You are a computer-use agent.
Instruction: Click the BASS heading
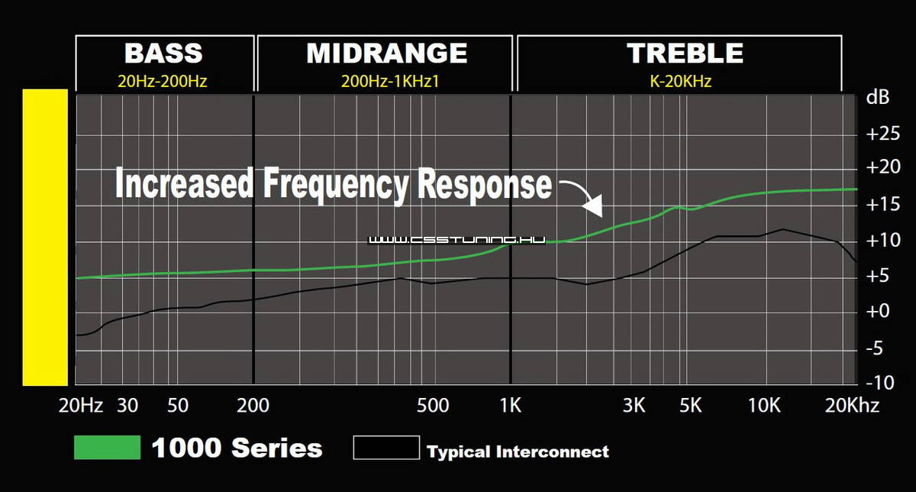tap(163, 53)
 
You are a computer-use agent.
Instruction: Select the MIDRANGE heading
tap(387, 53)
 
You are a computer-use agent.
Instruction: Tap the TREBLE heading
tap(685, 53)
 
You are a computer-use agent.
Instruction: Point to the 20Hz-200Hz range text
tap(163, 81)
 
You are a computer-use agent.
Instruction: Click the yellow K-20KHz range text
tap(680, 81)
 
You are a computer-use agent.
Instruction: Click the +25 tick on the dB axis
tap(883, 134)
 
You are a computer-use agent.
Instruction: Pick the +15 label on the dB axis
tap(883, 204)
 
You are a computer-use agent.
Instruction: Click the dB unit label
tap(878, 98)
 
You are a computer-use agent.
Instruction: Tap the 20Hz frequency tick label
tap(81, 406)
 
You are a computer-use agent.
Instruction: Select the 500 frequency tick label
tap(433, 406)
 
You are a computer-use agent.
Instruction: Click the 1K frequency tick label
tap(511, 406)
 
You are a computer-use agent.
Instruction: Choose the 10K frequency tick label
tap(764, 406)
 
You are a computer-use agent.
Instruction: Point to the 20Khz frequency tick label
tap(852, 406)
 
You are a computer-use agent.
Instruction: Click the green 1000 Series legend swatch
tap(107, 448)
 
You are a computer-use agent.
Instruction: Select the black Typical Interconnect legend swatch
tap(386, 448)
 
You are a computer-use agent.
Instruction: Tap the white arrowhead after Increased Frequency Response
tap(593, 206)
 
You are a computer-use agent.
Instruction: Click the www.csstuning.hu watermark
tap(456, 240)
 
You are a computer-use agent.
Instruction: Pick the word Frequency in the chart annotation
tap(335, 184)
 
